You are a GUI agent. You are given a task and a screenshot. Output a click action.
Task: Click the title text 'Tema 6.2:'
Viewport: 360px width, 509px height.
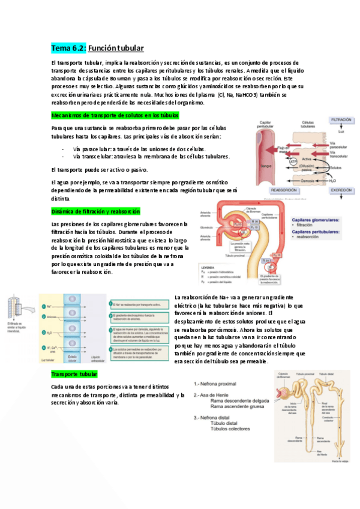(x=68, y=47)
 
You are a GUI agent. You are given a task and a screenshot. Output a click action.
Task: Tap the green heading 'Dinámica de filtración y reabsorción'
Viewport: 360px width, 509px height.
(x=96, y=212)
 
